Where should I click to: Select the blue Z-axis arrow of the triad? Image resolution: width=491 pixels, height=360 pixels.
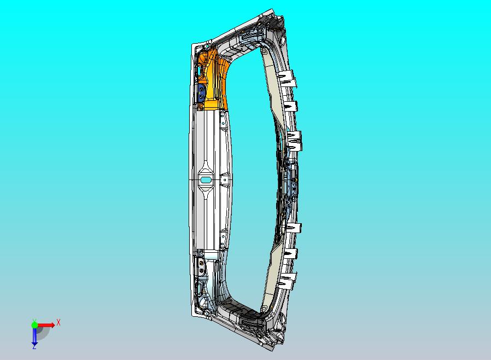pos(34,336)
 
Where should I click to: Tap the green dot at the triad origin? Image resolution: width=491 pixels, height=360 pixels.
pos(34,325)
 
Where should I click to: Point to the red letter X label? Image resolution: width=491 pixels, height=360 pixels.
pos(59,322)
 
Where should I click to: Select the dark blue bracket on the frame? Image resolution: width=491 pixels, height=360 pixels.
pos(201,93)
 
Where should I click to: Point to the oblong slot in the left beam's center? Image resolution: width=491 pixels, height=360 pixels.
pos(206,180)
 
